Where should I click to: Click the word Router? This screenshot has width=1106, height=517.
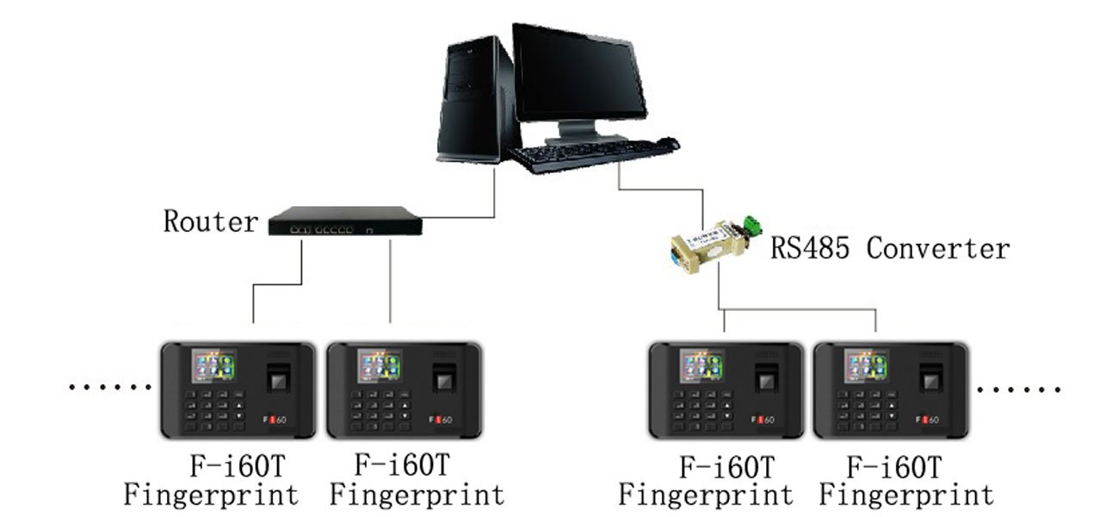(x=210, y=221)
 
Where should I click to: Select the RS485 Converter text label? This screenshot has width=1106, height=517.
(x=889, y=248)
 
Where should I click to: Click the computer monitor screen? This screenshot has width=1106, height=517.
(x=578, y=72)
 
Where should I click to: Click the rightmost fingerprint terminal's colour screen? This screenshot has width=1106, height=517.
(x=866, y=366)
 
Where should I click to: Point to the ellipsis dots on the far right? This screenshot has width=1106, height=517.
(x=1019, y=389)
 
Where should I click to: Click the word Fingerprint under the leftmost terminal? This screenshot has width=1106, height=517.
(x=211, y=495)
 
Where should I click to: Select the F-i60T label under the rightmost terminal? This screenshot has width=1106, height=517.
(x=893, y=468)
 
